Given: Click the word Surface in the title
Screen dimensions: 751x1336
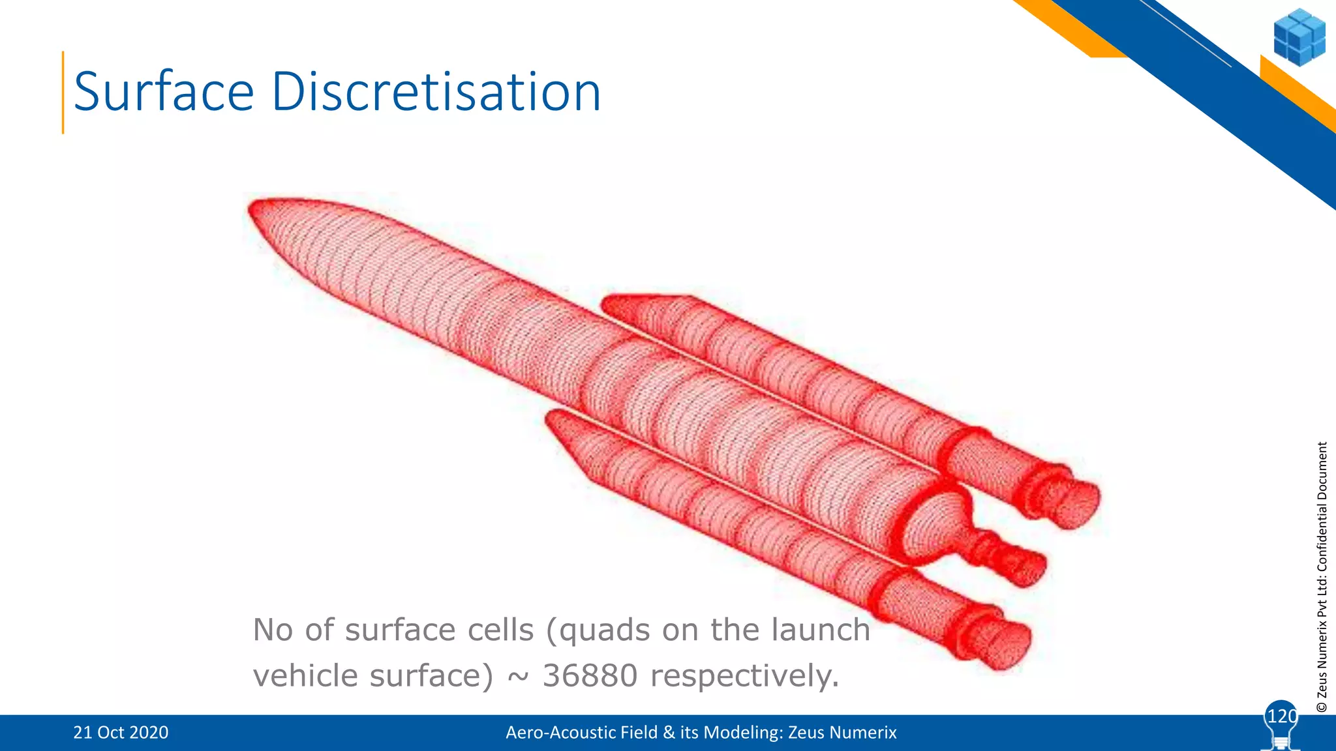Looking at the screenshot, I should pyautogui.click(x=164, y=92).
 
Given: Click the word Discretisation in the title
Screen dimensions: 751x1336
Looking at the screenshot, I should pyautogui.click(x=436, y=92).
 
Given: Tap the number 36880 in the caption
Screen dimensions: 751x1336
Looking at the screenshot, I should pyautogui.click(x=590, y=675).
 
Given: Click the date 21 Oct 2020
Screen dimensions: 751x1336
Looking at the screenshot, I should pyautogui.click(x=121, y=733).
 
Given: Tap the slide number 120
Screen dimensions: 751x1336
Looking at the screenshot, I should pyautogui.click(x=1281, y=716).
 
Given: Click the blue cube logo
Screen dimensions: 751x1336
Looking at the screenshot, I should pyautogui.click(x=1299, y=37).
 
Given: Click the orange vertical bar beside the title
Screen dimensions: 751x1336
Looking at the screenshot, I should pyautogui.click(x=63, y=93).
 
